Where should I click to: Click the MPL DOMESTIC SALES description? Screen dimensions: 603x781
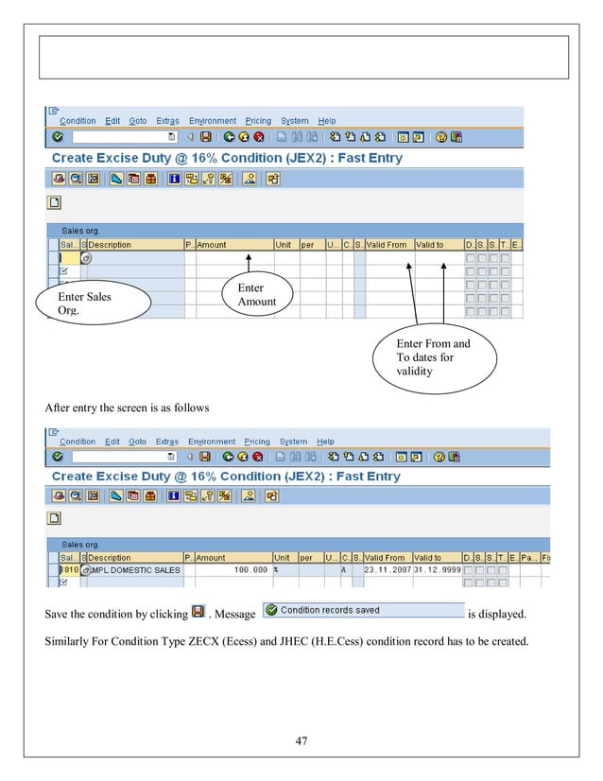[136, 570]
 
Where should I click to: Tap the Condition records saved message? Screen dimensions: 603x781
[330, 610]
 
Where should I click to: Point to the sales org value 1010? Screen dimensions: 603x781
[69, 570]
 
